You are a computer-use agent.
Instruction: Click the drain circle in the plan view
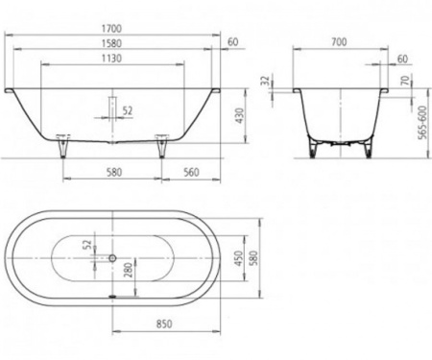tap(114, 257)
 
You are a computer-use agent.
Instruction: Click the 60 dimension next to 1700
tap(232, 41)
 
